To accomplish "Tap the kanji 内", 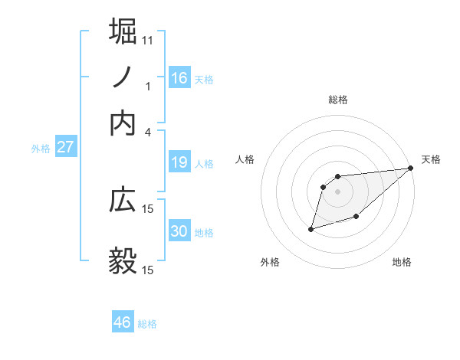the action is click(x=123, y=123).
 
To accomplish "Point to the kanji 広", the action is click(x=123, y=200).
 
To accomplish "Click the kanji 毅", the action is click(x=123, y=261).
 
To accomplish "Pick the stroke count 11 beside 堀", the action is click(x=148, y=40).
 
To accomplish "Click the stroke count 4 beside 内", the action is click(x=148, y=132).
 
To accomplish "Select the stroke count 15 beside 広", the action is click(x=148, y=208).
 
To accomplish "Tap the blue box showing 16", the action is click(x=179, y=78).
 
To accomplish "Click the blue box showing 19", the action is click(x=179, y=162).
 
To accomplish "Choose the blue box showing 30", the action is click(x=179, y=231).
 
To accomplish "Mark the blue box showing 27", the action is click(x=65, y=147).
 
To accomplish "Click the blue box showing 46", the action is click(x=123, y=322).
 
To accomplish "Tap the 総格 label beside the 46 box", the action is click(x=147, y=324).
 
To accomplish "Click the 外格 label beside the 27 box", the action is click(x=41, y=149).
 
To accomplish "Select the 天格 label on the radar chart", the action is click(x=431, y=159).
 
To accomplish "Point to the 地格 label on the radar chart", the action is click(x=402, y=262).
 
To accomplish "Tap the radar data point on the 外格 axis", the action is click(x=311, y=228).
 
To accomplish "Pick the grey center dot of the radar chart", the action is click(x=337, y=191).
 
